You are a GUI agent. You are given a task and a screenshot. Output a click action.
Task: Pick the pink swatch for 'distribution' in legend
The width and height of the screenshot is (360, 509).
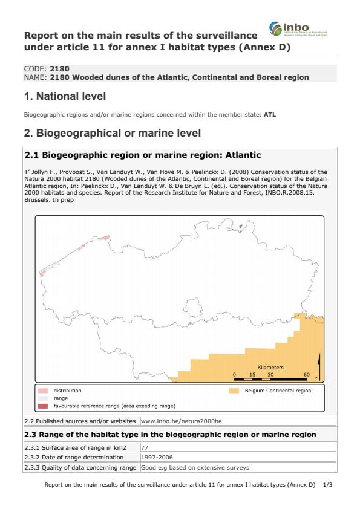(x=43, y=391)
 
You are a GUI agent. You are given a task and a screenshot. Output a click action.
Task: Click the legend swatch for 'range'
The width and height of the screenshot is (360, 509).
(x=43, y=398)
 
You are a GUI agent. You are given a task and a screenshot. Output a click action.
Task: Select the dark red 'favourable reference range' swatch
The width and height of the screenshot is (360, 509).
(x=43, y=406)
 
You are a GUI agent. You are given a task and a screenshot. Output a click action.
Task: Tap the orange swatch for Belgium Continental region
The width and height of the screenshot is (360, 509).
(x=234, y=391)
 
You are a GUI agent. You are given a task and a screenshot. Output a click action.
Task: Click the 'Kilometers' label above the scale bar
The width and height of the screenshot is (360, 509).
(x=270, y=368)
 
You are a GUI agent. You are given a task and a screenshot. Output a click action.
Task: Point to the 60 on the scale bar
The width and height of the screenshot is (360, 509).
(x=307, y=375)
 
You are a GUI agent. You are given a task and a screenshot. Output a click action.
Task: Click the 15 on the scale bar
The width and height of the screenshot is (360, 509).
(x=252, y=375)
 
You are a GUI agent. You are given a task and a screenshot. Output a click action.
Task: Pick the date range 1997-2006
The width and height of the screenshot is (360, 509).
(x=156, y=458)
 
